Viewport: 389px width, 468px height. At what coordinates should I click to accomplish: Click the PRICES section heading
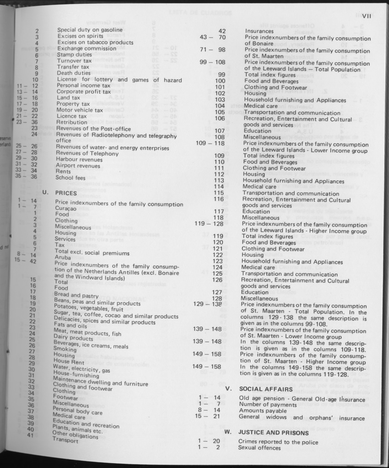pos(66,193)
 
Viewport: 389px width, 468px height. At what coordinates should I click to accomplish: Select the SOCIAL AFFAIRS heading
pos(266,389)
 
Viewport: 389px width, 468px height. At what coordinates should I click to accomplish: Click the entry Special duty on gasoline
pos(90,30)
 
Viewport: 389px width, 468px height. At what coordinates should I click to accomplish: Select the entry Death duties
pos(74,73)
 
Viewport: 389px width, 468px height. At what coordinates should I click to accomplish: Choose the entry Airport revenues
pos(78,166)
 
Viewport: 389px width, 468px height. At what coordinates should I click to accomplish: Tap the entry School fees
pos(70,178)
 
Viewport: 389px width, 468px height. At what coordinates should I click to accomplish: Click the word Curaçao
pos(65,208)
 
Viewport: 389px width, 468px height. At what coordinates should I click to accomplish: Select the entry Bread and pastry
pos(76,296)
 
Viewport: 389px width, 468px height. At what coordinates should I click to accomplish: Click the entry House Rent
pos(68,361)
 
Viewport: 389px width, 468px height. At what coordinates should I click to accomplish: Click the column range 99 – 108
pos(212,62)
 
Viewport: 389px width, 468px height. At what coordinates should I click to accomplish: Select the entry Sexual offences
pos(259,448)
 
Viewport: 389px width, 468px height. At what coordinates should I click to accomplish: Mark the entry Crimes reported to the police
pos(278,442)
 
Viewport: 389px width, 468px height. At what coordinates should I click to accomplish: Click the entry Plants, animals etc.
pos(77,429)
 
